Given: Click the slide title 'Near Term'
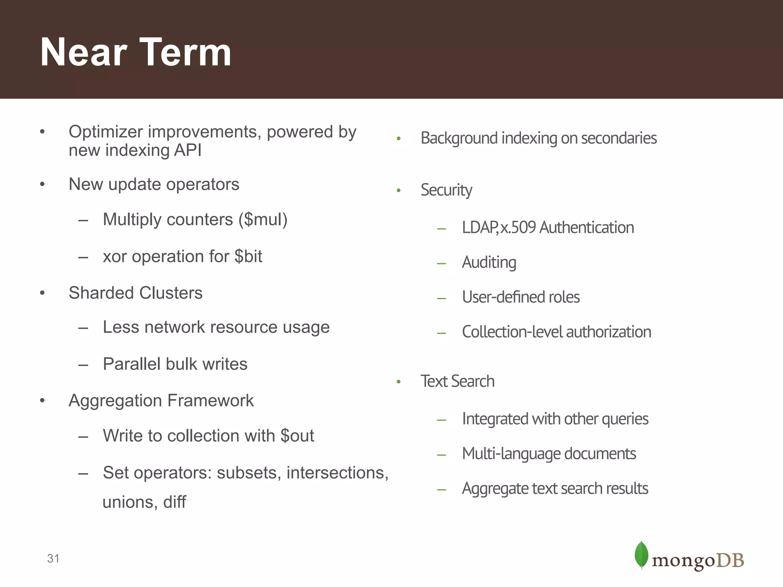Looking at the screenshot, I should click(136, 52).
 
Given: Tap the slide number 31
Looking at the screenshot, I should click(53, 559).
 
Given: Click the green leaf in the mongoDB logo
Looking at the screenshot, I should click(641, 555).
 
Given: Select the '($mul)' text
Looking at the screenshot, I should click(263, 220).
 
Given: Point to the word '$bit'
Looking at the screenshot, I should click(248, 256).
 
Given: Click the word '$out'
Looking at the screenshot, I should click(297, 436).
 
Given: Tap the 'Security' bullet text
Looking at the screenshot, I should click(446, 190).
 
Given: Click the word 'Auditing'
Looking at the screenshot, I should click(489, 263).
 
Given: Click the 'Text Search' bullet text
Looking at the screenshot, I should click(457, 381).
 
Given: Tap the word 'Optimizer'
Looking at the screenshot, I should click(106, 132).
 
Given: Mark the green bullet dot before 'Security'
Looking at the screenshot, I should click(399, 190).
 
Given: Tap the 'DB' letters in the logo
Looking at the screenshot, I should click(730, 561).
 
